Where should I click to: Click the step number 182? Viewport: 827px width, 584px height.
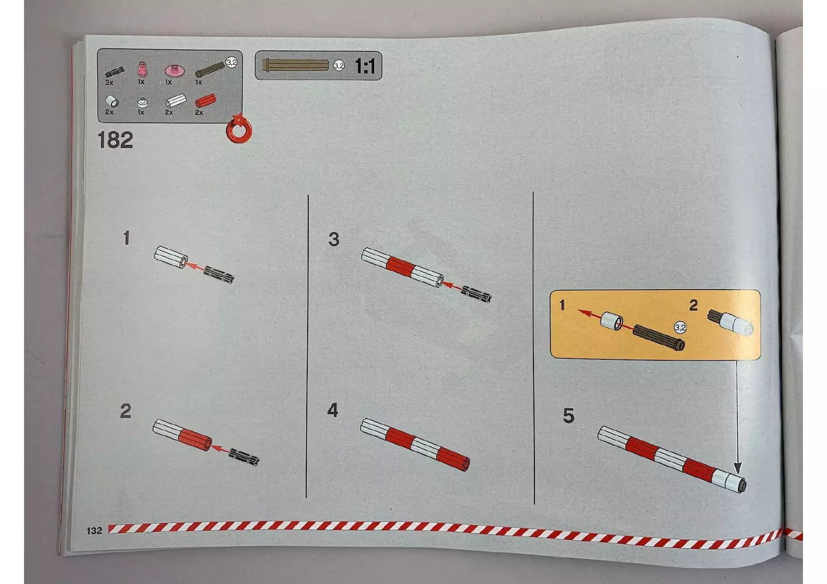pos(115,140)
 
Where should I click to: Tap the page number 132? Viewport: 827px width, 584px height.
pos(94,531)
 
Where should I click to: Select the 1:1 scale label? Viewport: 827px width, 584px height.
pos(365,66)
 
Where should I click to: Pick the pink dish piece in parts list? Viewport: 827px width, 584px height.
pos(174,71)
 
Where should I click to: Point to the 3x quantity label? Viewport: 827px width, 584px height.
pos(109,83)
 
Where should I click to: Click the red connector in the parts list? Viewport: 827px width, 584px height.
pos(205,100)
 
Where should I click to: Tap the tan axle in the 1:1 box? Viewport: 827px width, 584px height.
pos(295,65)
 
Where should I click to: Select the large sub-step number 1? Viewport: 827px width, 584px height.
pos(126,238)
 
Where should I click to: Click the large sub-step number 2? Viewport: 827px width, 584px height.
pos(125,411)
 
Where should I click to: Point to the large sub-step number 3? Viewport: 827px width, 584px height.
pos(334,239)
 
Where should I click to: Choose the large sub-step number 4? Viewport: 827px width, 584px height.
pos(333,410)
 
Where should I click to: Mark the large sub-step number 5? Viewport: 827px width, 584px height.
pos(569,416)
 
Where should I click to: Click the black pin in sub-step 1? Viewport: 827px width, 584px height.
pos(220,274)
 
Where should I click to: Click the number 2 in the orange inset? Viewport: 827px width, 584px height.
pos(693,305)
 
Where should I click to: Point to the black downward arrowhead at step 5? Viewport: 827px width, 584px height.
pos(738,468)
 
